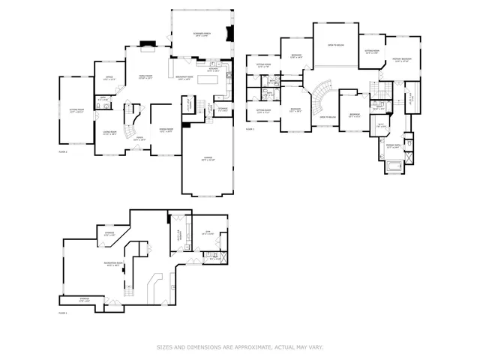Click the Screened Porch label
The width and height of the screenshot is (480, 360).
pyautogui.click(x=201, y=35)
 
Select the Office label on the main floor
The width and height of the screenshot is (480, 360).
pyautogui.click(x=108, y=78)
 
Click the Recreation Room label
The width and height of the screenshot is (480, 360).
pyautogui.click(x=115, y=265)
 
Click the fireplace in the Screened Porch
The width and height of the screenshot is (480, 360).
pyautogui.click(x=229, y=34)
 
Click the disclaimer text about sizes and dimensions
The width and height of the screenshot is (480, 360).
pyautogui.click(x=240, y=347)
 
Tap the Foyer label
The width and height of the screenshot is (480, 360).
pyautogui.click(x=138, y=138)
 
